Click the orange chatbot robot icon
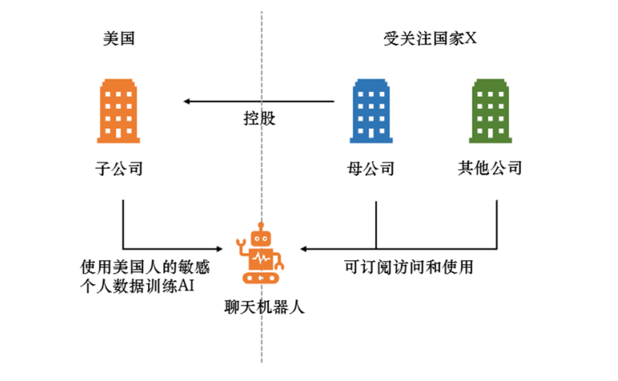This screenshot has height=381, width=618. tap(260, 254)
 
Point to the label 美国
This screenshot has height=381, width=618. tap(118, 39)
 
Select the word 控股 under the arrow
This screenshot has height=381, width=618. tap(259, 118)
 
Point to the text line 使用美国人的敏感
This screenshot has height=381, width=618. tap(145, 266)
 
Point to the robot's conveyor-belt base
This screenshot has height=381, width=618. tap(260, 276)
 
